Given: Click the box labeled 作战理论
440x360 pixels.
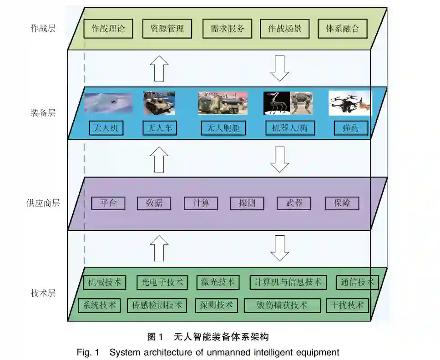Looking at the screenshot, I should (108, 28).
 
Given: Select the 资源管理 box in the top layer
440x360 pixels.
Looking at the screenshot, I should (167, 28).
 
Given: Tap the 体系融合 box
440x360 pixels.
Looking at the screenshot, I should (342, 28).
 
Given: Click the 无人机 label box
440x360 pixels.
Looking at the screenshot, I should (106, 128).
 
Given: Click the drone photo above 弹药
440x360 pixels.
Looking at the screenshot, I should (349, 103).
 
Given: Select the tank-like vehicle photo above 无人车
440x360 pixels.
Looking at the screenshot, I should (159, 103).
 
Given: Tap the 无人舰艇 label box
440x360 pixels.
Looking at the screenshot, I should (223, 128).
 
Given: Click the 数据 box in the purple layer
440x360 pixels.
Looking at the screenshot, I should (154, 203).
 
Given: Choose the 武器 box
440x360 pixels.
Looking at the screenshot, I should (293, 203).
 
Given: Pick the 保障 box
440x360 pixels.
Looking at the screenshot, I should (342, 203).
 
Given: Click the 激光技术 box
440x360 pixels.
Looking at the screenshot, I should (218, 282).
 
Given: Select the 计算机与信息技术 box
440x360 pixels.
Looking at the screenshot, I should (288, 282).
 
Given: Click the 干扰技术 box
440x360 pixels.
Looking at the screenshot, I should (347, 305).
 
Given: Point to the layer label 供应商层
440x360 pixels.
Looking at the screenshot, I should (43, 203).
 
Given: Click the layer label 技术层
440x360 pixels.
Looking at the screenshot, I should (43, 293).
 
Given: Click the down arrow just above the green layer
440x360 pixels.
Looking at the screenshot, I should (279, 248).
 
